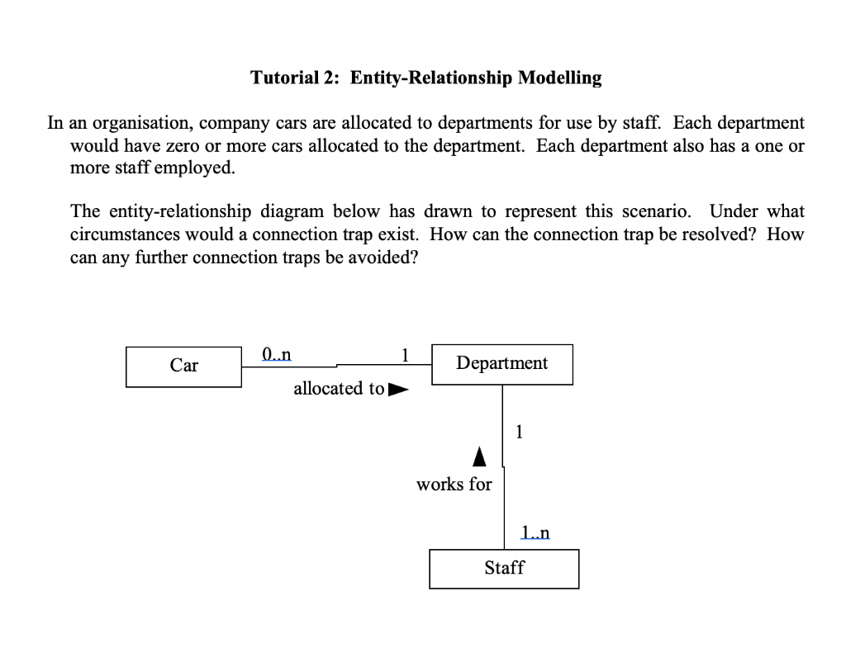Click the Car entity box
[183, 366]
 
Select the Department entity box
[501, 364]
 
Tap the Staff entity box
[504, 569]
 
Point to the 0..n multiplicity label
[276, 355]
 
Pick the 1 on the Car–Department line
[404, 355]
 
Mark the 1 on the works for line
[518, 431]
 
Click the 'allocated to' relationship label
[339, 388]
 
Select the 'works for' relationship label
[454, 485]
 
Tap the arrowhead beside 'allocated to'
[398, 388]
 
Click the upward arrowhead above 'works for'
[479, 455]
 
